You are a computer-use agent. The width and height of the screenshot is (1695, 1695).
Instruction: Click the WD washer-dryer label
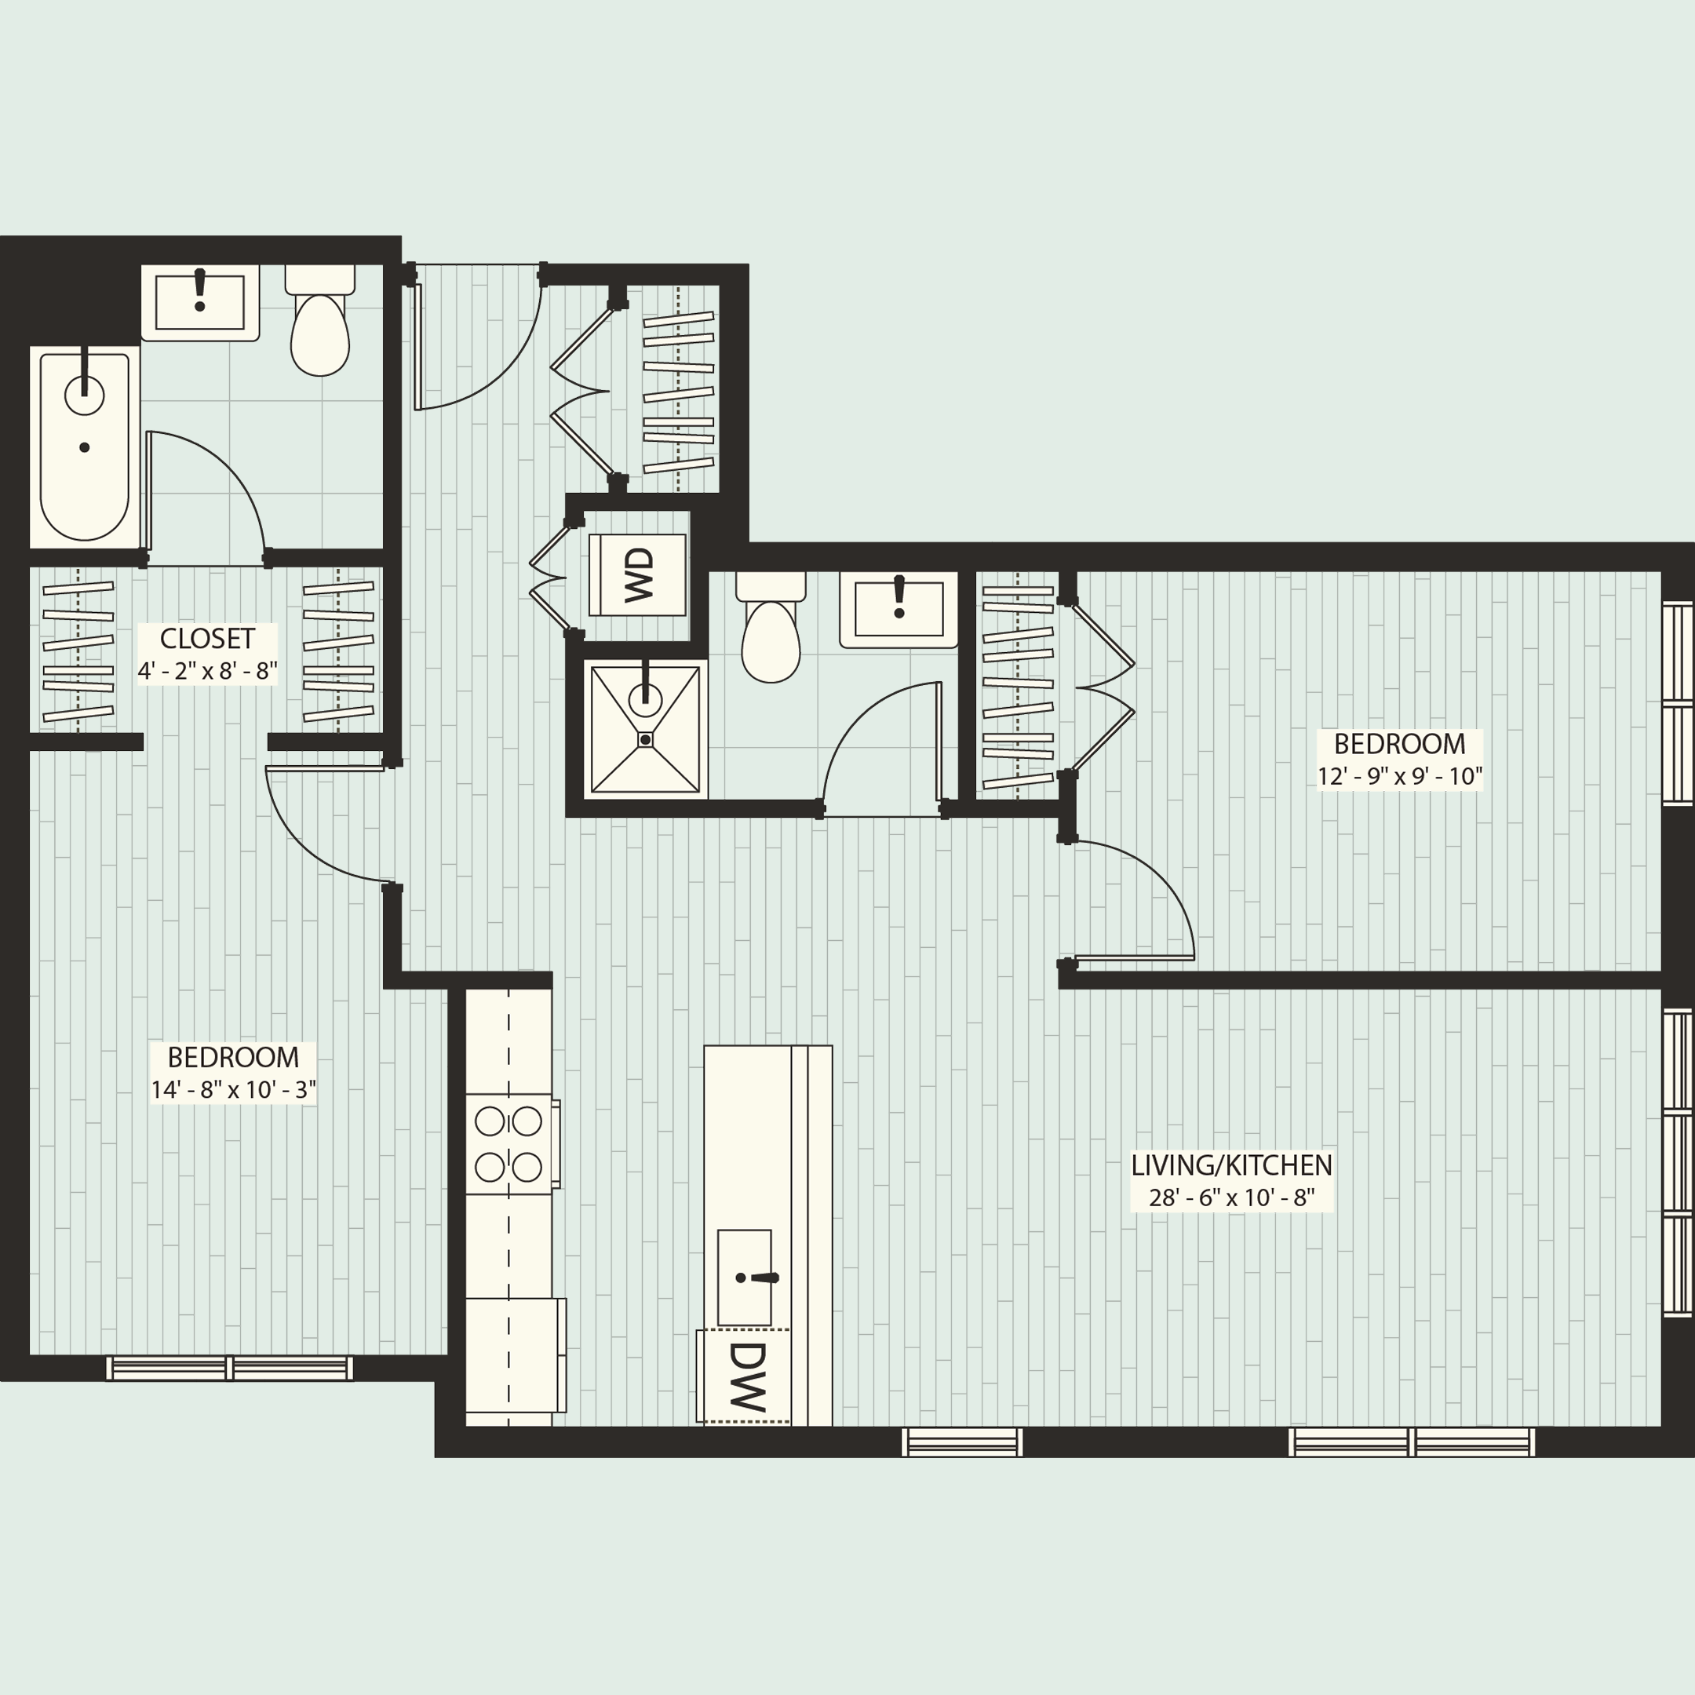(x=640, y=574)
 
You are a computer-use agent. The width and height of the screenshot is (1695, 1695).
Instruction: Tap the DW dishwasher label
(x=746, y=1376)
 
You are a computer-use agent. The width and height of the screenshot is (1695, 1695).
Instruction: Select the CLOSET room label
(x=207, y=638)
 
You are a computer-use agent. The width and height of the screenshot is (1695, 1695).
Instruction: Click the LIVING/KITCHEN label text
(x=1231, y=1165)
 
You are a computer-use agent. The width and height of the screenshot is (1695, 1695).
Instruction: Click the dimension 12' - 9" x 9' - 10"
(x=1399, y=775)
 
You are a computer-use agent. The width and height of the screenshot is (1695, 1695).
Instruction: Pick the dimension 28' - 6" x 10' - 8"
(x=1231, y=1197)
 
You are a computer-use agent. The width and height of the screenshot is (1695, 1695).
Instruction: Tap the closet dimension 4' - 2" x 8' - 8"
(x=207, y=671)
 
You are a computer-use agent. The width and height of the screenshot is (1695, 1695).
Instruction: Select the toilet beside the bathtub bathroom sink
(x=320, y=325)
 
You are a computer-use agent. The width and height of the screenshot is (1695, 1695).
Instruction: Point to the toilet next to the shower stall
(x=771, y=632)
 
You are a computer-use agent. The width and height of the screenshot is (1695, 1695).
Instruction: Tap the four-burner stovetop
(x=508, y=1144)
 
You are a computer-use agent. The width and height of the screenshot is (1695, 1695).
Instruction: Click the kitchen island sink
(x=745, y=1278)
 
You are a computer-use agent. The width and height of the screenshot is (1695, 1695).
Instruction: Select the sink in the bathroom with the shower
(x=899, y=609)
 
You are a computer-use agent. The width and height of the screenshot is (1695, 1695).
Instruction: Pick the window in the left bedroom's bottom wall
(x=230, y=1368)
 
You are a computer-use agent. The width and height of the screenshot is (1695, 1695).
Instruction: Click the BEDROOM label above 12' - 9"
(x=1399, y=744)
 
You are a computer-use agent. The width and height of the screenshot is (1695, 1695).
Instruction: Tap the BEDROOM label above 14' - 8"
(x=233, y=1057)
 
